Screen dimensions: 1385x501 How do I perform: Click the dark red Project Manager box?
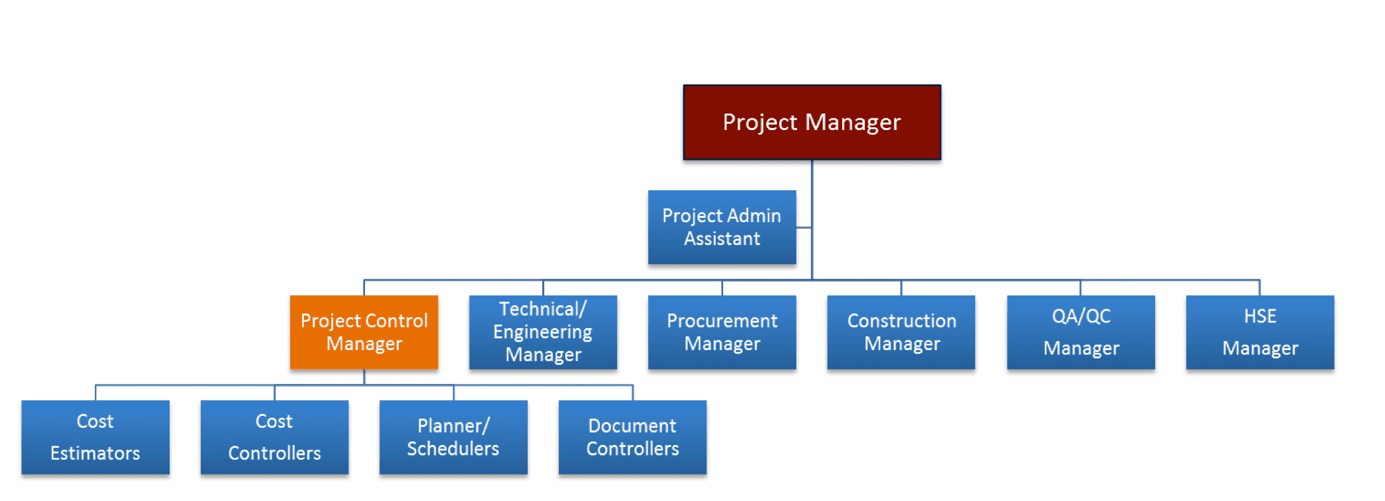click(812, 122)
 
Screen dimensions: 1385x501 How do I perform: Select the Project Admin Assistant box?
click(722, 227)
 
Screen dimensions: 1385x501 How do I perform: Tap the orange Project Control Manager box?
click(364, 332)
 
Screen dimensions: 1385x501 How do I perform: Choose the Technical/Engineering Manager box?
click(543, 332)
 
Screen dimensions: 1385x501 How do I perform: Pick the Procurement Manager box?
click(722, 332)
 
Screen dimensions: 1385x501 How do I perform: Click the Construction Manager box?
click(901, 332)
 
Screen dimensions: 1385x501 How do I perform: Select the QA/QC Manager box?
click(1080, 332)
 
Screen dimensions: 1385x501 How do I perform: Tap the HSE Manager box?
click(1260, 332)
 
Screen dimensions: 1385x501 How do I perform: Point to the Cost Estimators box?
click(96, 437)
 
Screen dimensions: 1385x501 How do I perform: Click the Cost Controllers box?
click(274, 437)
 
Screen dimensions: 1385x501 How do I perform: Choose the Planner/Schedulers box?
click(454, 437)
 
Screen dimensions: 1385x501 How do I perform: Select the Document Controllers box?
click(632, 437)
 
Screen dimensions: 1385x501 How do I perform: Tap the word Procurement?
click(722, 321)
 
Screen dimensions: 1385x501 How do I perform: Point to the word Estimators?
click(96, 453)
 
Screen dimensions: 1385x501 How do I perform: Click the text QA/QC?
click(1081, 316)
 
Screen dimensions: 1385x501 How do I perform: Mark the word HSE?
click(1260, 316)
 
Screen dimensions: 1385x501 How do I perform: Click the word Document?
click(632, 426)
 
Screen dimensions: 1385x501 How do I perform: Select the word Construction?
click(902, 321)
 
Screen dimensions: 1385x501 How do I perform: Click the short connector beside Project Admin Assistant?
click(804, 227)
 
